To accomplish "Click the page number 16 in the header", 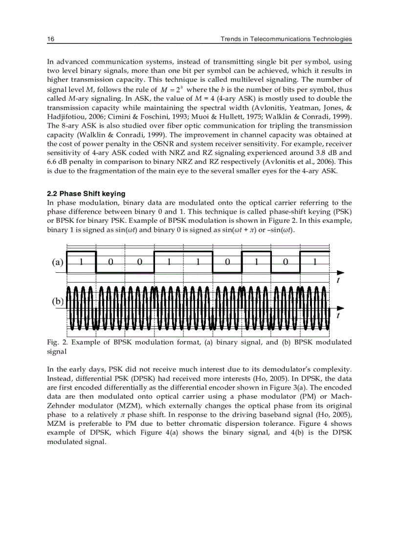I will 50,39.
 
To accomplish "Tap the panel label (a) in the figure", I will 58,262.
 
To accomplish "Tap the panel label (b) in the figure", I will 58,301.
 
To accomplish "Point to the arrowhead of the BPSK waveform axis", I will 340,308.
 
